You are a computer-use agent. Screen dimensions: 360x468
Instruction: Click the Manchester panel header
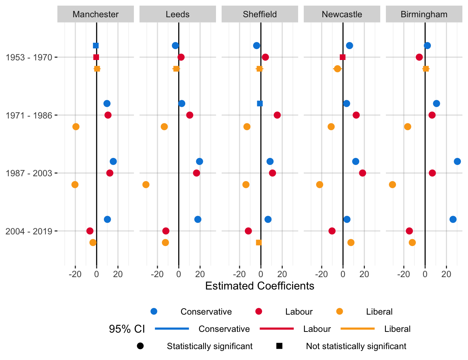96,15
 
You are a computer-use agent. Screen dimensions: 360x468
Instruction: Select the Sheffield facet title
260,15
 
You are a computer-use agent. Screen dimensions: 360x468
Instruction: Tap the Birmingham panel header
424,15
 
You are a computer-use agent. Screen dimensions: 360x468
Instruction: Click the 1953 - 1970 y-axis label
29,57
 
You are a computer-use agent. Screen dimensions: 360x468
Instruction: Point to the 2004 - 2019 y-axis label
29,231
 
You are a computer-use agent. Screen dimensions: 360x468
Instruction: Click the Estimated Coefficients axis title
259,286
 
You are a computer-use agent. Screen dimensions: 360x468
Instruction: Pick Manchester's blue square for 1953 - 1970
96,46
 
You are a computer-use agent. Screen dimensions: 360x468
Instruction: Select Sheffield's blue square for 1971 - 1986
260,103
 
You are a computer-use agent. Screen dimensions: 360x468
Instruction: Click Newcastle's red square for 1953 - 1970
342,57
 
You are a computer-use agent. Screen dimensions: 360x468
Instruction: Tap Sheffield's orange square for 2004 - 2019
259,243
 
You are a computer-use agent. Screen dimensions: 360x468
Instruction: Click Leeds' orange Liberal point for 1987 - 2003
146,184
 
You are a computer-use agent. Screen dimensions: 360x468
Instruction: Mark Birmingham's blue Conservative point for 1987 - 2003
457,162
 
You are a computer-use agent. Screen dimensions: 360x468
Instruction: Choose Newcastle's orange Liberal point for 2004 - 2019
351,243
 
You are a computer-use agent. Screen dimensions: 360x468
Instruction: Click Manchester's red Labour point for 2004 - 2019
90,231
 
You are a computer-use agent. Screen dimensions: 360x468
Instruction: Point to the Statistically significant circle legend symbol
140,346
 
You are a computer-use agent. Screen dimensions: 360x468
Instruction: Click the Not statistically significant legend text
356,346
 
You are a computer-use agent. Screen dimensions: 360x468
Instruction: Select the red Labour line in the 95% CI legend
276,329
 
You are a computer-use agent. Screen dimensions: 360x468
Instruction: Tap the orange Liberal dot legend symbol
339,312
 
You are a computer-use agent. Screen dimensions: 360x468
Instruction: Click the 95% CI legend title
127,329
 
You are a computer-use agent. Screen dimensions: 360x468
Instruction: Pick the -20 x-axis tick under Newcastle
321,274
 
